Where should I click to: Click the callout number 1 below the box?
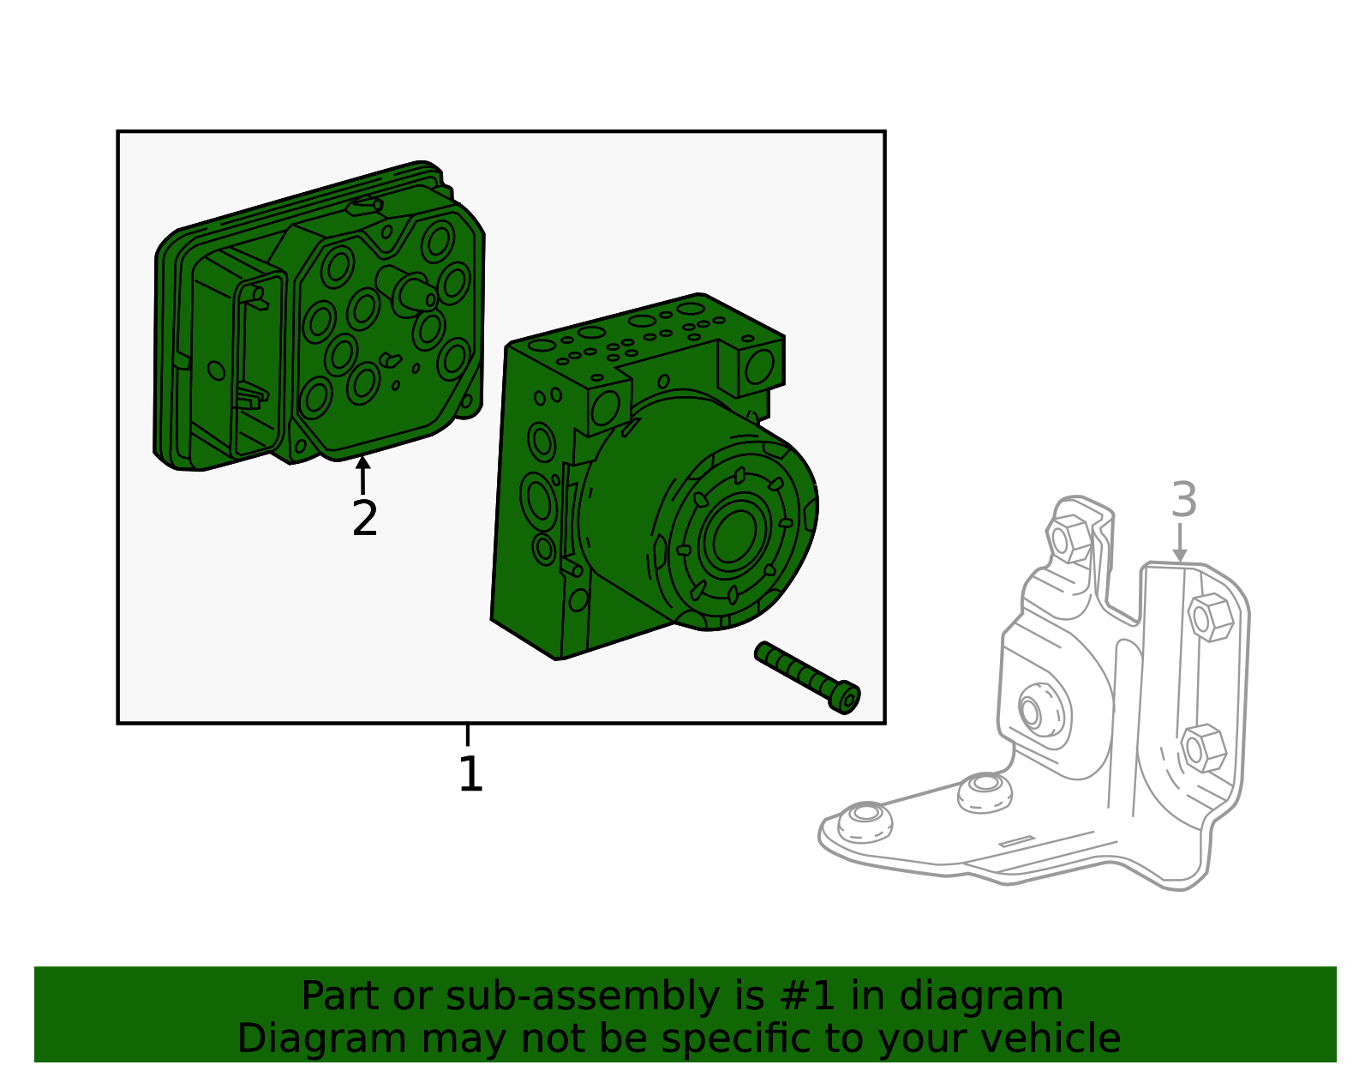point(470,774)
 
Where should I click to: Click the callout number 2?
point(365,519)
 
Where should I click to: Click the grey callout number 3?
point(1183,500)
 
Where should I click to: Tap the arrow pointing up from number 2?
point(363,474)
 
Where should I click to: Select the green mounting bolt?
point(806,677)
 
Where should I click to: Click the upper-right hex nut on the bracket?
point(1210,617)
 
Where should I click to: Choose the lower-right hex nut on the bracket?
point(1201,748)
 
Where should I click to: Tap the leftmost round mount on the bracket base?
point(865,821)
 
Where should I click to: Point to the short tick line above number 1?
point(468,735)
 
